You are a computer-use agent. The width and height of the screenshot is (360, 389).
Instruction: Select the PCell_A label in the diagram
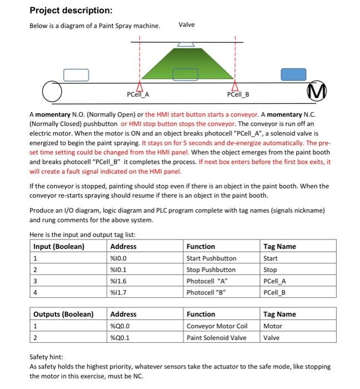[x=138, y=94]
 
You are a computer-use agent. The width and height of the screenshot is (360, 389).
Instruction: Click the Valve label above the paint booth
[x=186, y=25]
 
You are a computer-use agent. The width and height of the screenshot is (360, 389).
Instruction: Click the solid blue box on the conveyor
[x=293, y=74]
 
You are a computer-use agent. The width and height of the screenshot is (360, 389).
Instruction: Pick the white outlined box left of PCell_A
[x=76, y=74]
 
